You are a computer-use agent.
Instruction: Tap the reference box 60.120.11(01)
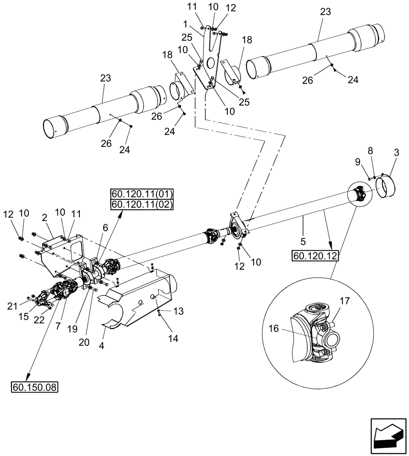click(142, 193)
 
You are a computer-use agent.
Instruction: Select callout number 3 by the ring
click(395, 153)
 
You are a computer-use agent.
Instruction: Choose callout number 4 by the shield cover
click(101, 346)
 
